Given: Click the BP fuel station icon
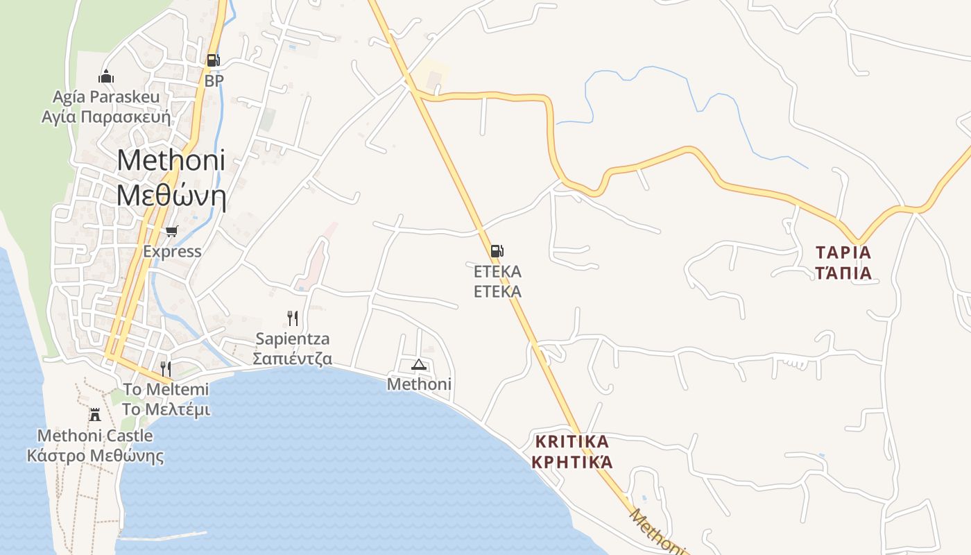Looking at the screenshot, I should click(x=213, y=60).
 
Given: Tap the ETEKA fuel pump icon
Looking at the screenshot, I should click(x=497, y=250).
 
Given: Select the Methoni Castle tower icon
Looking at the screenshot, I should click(x=95, y=415).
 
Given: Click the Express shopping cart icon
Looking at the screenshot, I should click(x=171, y=231).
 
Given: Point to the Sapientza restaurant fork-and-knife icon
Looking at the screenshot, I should click(x=293, y=318).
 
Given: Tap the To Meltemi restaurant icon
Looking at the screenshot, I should click(x=166, y=368).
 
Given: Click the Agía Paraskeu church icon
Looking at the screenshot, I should click(x=106, y=76).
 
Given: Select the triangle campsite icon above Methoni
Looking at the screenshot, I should click(x=418, y=364).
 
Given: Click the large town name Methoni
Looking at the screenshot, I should click(x=171, y=160).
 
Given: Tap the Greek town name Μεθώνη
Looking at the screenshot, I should click(x=171, y=196).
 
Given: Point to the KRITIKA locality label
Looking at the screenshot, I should click(x=572, y=441).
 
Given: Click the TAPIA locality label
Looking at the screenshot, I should click(x=843, y=251).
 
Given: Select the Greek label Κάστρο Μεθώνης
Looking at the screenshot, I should click(x=95, y=456).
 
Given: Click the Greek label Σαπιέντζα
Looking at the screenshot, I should click(x=292, y=359).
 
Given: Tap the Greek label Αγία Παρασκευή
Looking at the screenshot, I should click(x=106, y=116).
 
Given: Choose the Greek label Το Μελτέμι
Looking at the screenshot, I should click(x=166, y=409).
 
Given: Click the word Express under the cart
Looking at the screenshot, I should click(x=172, y=251).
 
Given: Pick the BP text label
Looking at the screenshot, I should click(x=214, y=80).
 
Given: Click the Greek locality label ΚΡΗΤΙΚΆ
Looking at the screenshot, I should click(x=572, y=461).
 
